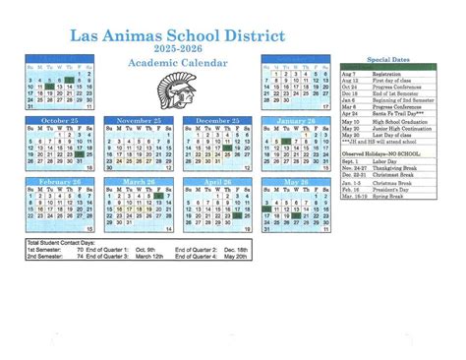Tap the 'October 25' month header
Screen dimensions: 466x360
[60, 120]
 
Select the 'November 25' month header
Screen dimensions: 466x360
[139, 120]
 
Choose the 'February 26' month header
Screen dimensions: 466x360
[60, 182]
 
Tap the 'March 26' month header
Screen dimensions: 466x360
[139, 182]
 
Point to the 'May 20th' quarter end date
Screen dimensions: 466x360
[239, 257]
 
